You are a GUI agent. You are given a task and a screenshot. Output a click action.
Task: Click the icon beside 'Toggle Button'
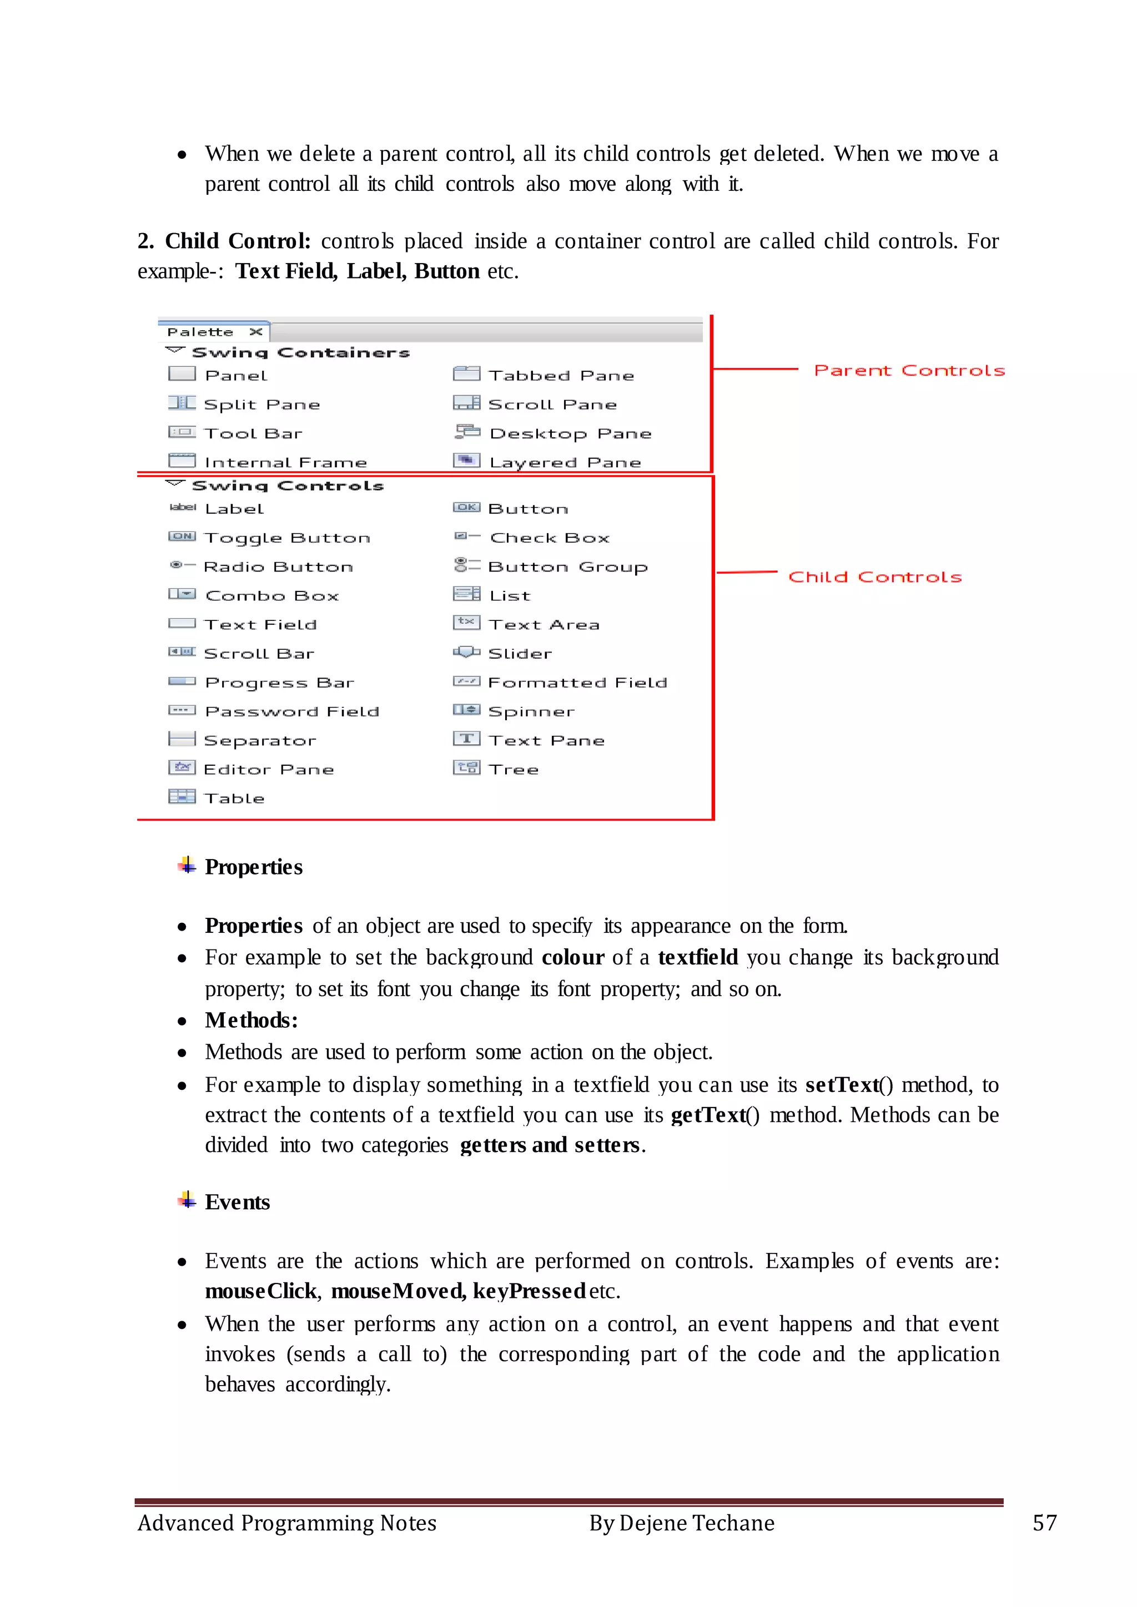[x=182, y=537]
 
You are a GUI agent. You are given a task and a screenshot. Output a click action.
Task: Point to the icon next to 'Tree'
[x=466, y=768]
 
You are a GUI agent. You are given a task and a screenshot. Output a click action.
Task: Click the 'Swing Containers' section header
[x=300, y=353]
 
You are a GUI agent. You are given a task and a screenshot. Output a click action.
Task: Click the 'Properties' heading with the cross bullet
[x=254, y=867]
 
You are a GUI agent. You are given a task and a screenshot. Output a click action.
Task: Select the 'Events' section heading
[x=238, y=1202]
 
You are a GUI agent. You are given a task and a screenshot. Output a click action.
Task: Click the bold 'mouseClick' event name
[x=260, y=1291]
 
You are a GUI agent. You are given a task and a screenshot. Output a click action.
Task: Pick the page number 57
[x=1045, y=1523]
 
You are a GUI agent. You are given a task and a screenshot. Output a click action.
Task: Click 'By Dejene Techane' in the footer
[x=681, y=1523]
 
